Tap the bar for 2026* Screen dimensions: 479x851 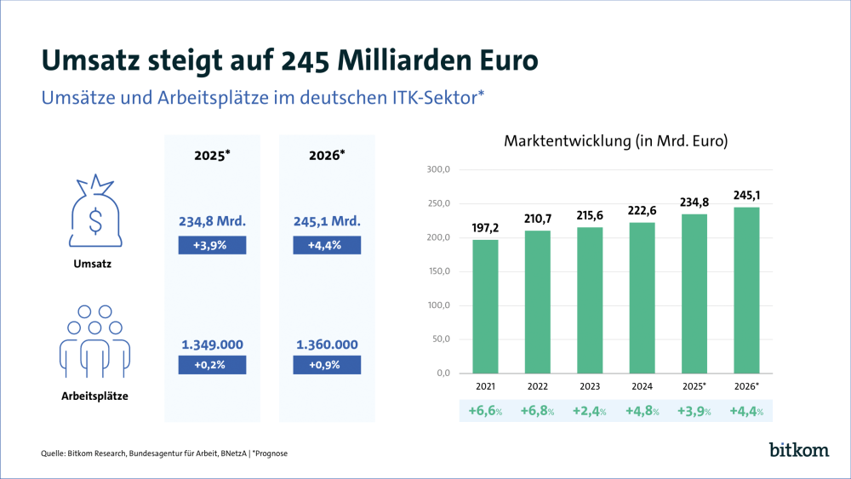click(x=745, y=290)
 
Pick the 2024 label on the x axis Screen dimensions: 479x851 click(x=643, y=387)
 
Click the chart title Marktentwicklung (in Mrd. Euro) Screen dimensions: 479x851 click(x=616, y=141)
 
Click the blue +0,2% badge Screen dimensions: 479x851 click(x=212, y=365)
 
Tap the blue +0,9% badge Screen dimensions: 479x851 click(x=327, y=365)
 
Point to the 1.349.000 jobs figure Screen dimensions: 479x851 click(x=212, y=345)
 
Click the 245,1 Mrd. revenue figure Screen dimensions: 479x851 click(x=327, y=221)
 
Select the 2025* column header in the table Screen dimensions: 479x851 click(x=212, y=157)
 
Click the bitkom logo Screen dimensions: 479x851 click(x=798, y=449)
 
